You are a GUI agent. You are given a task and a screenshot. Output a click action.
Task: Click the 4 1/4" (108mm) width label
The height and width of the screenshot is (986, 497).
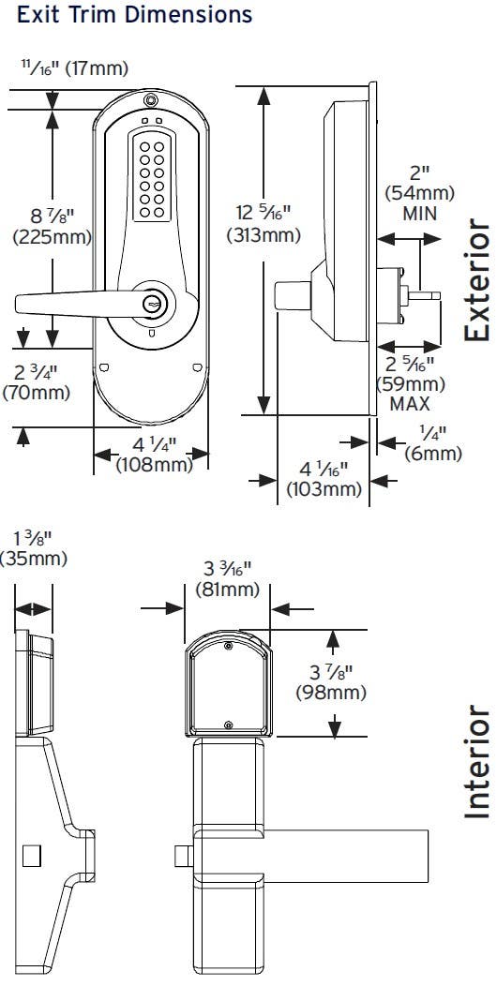point(153,455)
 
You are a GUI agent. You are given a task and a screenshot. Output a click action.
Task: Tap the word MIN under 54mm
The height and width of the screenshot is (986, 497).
point(419,213)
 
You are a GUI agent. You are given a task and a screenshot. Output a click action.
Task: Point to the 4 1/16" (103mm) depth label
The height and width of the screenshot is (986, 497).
point(324,479)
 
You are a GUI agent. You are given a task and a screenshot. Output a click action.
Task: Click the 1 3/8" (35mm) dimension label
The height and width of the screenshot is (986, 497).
point(34,548)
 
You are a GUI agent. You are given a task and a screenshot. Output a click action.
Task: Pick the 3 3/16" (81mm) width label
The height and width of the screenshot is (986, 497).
point(227,579)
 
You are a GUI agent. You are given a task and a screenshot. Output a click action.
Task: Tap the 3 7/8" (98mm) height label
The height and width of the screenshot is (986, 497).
point(330,682)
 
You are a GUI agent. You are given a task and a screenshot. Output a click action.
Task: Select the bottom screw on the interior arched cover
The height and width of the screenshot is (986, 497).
point(229,723)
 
